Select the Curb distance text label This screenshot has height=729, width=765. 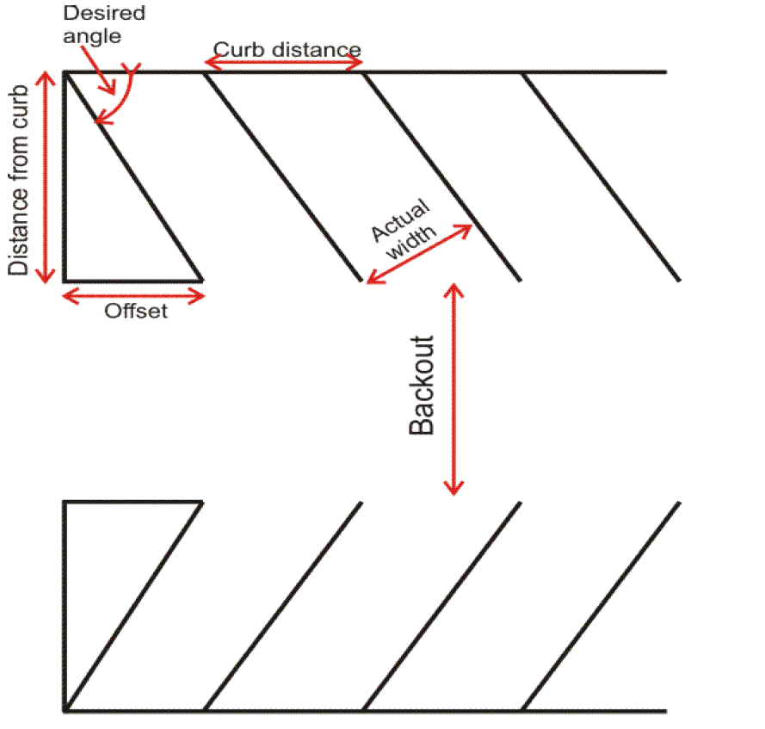click(287, 48)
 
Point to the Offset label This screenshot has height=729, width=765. click(136, 312)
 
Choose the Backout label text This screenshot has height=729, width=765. click(422, 385)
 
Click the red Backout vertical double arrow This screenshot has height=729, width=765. click(453, 388)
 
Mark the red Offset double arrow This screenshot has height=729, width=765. click(134, 296)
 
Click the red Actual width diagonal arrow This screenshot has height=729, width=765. click(420, 253)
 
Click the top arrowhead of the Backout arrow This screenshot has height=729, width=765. click(453, 289)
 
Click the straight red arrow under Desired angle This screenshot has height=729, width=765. click(107, 81)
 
